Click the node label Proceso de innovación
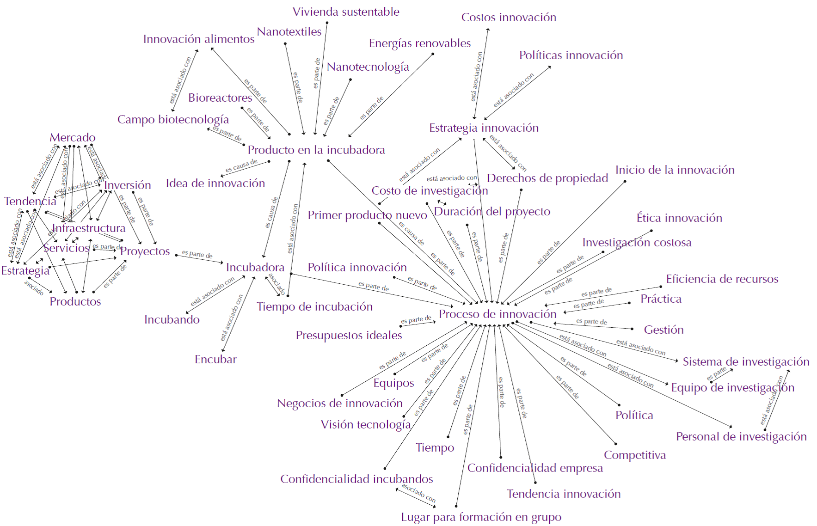pos(498,314)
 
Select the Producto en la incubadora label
pos(316,150)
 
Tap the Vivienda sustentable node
pos(346,12)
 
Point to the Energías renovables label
pos(420,43)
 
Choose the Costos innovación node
pos(509,18)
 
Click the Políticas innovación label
pos(571,55)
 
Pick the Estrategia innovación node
pos(484,128)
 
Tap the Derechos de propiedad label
pos(547,178)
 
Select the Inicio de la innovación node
pos(675,170)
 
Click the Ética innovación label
pos(679,218)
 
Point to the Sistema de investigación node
pos(746,362)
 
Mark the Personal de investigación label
pos(741,437)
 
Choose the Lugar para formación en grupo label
pos(481,517)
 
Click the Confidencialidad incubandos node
pos(356,479)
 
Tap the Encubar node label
pos(215,360)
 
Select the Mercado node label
pos(73,138)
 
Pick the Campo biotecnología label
pos(173,120)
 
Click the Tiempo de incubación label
pos(315,307)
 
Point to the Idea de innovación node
pos(215,183)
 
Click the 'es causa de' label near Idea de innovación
pos(241,166)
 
